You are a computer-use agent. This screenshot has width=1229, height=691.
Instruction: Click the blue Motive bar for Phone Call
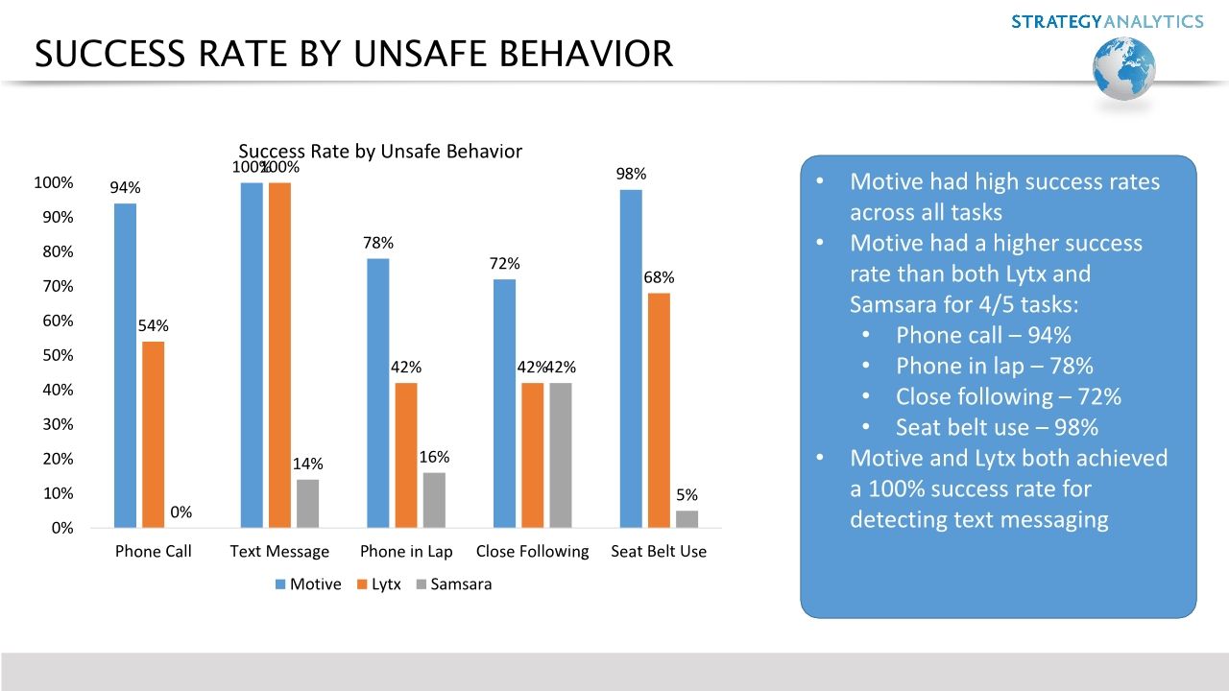125,366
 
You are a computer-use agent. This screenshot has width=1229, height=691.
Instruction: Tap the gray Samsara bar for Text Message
307,504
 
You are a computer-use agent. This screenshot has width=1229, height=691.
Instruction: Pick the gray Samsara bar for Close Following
561,456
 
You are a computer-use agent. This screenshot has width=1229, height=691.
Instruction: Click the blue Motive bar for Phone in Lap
378,393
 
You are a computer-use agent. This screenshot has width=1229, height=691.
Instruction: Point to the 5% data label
687,495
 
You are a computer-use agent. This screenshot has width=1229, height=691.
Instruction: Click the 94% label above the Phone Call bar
125,188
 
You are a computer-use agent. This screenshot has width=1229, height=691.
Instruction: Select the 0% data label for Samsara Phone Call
181,512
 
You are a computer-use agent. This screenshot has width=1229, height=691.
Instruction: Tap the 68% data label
659,278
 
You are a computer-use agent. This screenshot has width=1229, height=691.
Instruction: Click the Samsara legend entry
453,584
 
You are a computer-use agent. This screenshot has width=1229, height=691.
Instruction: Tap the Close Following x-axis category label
532,552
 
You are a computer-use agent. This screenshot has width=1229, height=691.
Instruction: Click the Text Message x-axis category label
279,552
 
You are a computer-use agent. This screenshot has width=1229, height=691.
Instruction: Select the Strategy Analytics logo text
1107,21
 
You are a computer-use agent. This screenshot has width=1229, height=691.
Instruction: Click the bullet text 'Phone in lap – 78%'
994,366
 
